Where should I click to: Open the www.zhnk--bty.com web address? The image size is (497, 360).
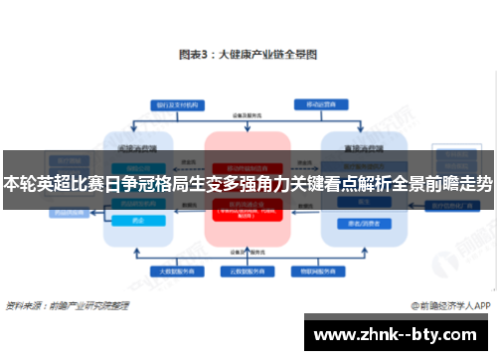click(x=399, y=335)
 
